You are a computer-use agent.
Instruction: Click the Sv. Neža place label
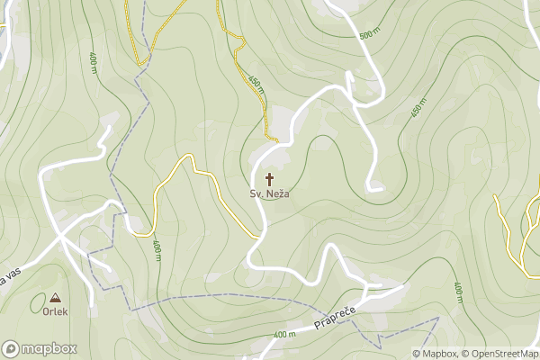click(x=270, y=193)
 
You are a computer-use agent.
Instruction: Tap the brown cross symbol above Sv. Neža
click(x=269, y=178)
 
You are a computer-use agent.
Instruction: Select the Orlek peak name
click(x=55, y=312)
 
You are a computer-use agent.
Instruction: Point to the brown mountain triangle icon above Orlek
click(x=56, y=298)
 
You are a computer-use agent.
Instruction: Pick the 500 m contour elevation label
click(x=369, y=35)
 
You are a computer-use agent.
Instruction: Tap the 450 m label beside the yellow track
click(x=256, y=85)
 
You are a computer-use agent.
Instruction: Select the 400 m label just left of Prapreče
click(x=284, y=335)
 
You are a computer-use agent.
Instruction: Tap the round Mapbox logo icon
click(x=11, y=348)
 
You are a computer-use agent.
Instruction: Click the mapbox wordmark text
click(x=49, y=348)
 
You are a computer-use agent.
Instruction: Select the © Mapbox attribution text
click(x=436, y=354)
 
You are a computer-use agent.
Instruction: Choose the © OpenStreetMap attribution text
click(x=501, y=354)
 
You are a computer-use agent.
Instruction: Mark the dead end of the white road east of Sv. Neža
click(x=382, y=189)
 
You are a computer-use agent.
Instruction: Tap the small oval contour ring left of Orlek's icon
click(x=39, y=303)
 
